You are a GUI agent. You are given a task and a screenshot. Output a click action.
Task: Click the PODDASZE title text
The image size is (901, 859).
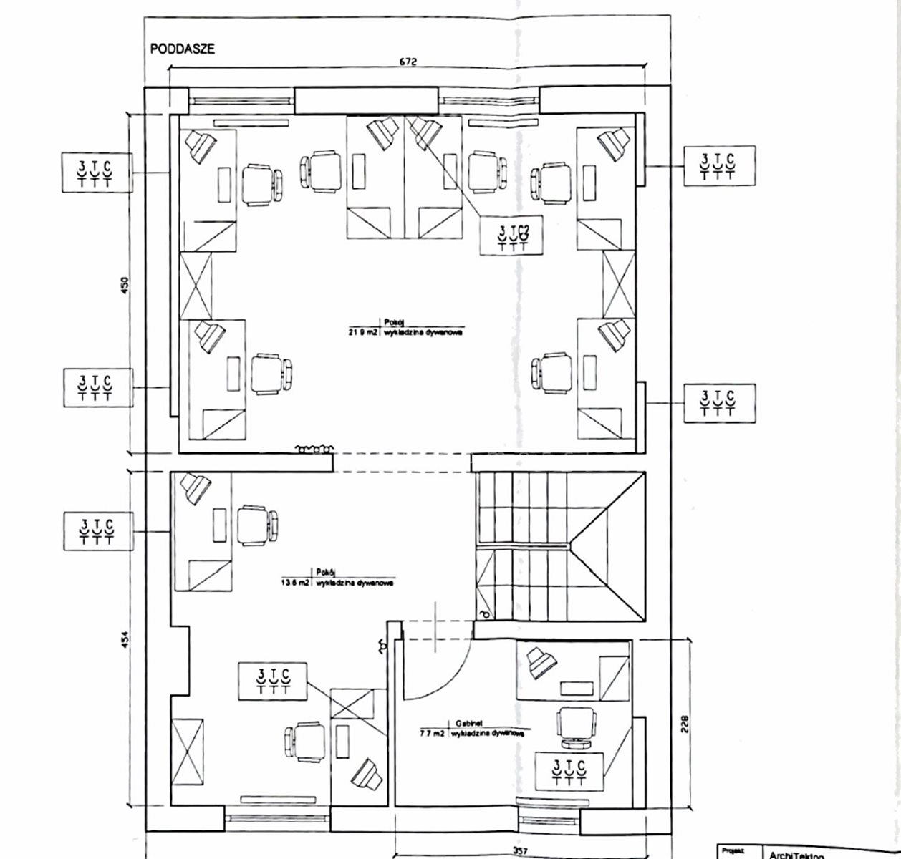183,49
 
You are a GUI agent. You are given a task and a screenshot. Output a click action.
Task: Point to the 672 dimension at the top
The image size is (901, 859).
408,61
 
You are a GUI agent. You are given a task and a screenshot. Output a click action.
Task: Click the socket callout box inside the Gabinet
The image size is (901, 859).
570,770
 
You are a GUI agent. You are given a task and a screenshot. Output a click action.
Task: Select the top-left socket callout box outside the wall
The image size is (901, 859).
96,172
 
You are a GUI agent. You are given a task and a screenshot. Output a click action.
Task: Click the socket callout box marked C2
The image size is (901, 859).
514,236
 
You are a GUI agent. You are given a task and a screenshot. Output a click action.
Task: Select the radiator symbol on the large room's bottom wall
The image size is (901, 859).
314,449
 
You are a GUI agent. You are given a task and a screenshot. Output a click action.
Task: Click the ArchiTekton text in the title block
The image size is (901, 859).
797,855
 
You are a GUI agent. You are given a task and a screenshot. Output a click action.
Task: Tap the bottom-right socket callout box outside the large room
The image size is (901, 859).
719,402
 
